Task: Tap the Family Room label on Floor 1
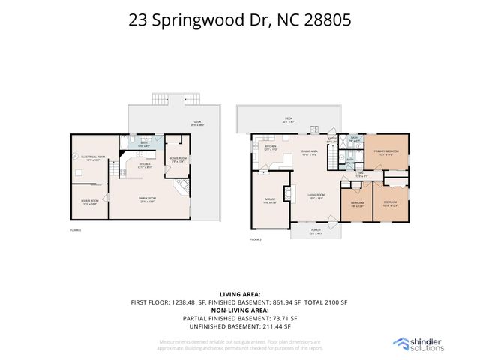(146, 200)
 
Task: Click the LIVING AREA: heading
(239, 294)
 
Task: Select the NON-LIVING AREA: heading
(239, 309)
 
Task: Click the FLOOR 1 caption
(76, 230)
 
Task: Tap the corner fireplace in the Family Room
(181, 187)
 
